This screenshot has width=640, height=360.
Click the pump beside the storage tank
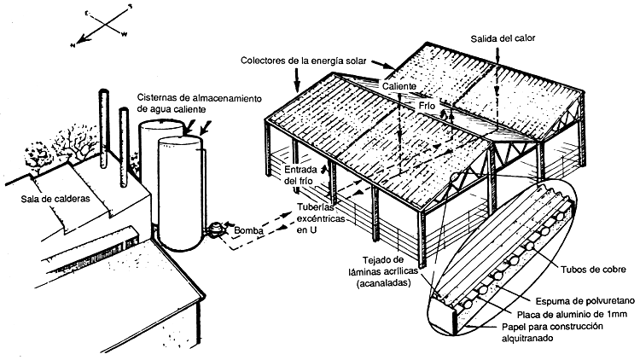click(x=216, y=228)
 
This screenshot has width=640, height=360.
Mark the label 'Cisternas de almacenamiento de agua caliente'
click(x=196, y=104)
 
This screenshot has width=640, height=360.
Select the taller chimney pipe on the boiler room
click(x=107, y=119)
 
